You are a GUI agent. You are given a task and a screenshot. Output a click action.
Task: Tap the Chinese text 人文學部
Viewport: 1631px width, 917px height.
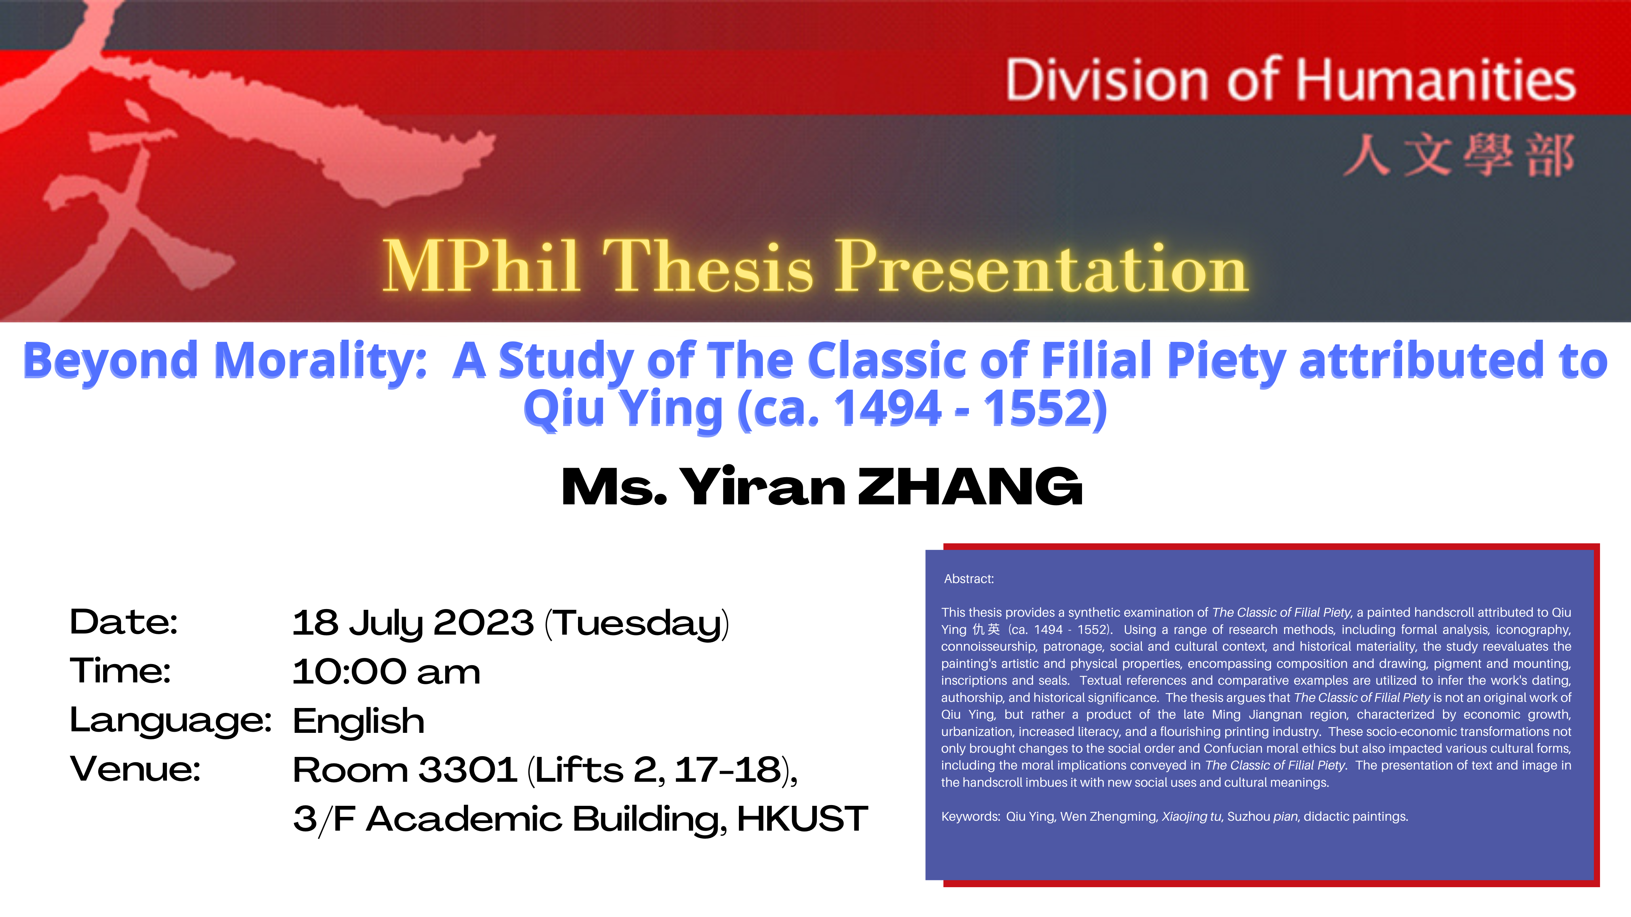click(1458, 155)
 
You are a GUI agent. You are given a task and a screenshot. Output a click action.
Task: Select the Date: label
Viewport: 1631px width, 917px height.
click(123, 622)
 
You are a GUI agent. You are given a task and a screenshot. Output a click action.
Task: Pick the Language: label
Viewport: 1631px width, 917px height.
click(171, 721)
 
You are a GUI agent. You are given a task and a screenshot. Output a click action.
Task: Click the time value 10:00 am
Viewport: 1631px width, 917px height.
click(386, 671)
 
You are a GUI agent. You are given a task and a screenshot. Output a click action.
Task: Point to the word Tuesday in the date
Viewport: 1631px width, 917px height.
click(638, 624)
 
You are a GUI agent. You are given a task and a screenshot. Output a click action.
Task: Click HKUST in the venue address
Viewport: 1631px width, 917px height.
click(802, 819)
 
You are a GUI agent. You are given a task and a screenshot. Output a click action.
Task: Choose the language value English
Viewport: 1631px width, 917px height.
click(358, 722)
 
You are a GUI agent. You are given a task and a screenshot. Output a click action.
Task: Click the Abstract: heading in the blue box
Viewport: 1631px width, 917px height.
click(969, 579)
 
